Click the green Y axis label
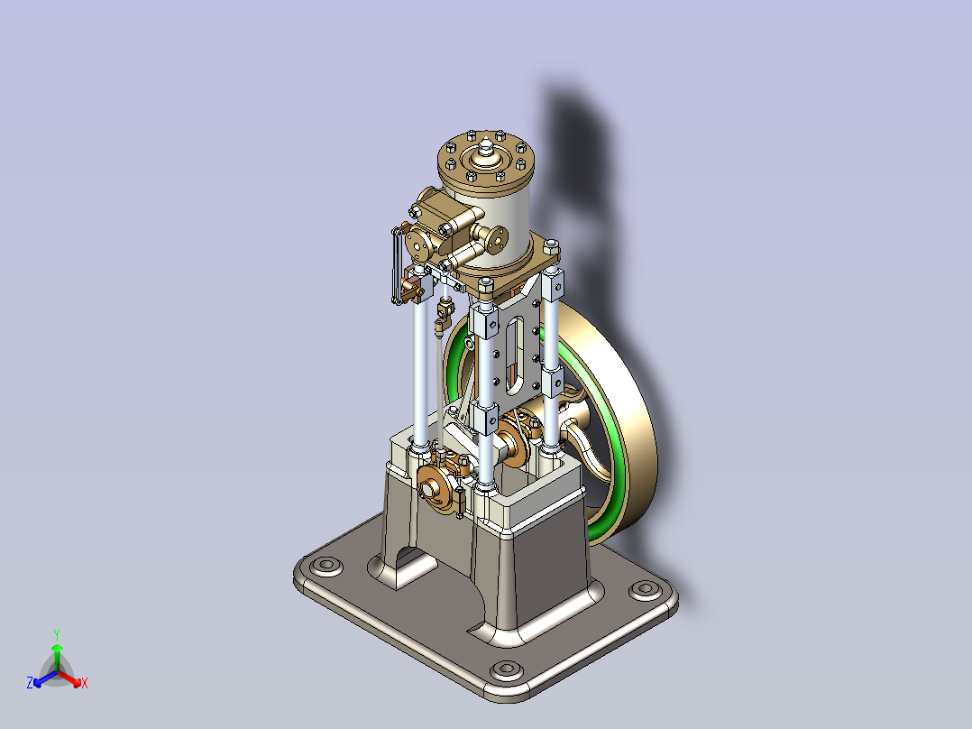coord(56,633)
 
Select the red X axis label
coord(84,684)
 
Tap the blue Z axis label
coord(30,683)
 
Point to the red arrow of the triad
coord(71,677)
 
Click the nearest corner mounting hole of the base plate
coord(507,669)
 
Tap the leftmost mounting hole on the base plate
coord(324,566)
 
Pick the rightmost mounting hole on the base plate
coord(644,589)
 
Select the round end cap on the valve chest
coord(417,244)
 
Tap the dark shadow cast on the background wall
coord(586,162)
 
